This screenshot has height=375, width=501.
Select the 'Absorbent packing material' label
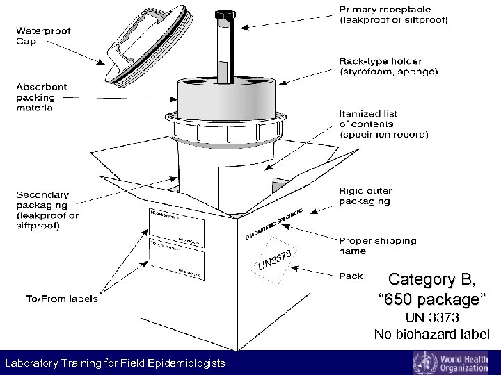click(42, 97)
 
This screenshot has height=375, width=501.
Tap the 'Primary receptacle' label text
click(393, 15)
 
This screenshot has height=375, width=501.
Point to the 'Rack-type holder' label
click(388, 67)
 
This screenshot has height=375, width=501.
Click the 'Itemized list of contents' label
click(383, 124)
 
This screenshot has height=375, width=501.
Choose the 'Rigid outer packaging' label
click(365, 196)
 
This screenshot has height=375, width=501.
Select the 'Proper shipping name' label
click(377, 246)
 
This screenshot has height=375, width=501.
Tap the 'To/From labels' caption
click(62, 299)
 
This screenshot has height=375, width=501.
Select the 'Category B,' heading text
click(432, 280)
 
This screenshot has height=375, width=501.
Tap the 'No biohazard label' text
click(432, 335)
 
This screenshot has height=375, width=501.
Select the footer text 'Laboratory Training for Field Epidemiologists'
click(115, 364)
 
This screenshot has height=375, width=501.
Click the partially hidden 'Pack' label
click(351, 276)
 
